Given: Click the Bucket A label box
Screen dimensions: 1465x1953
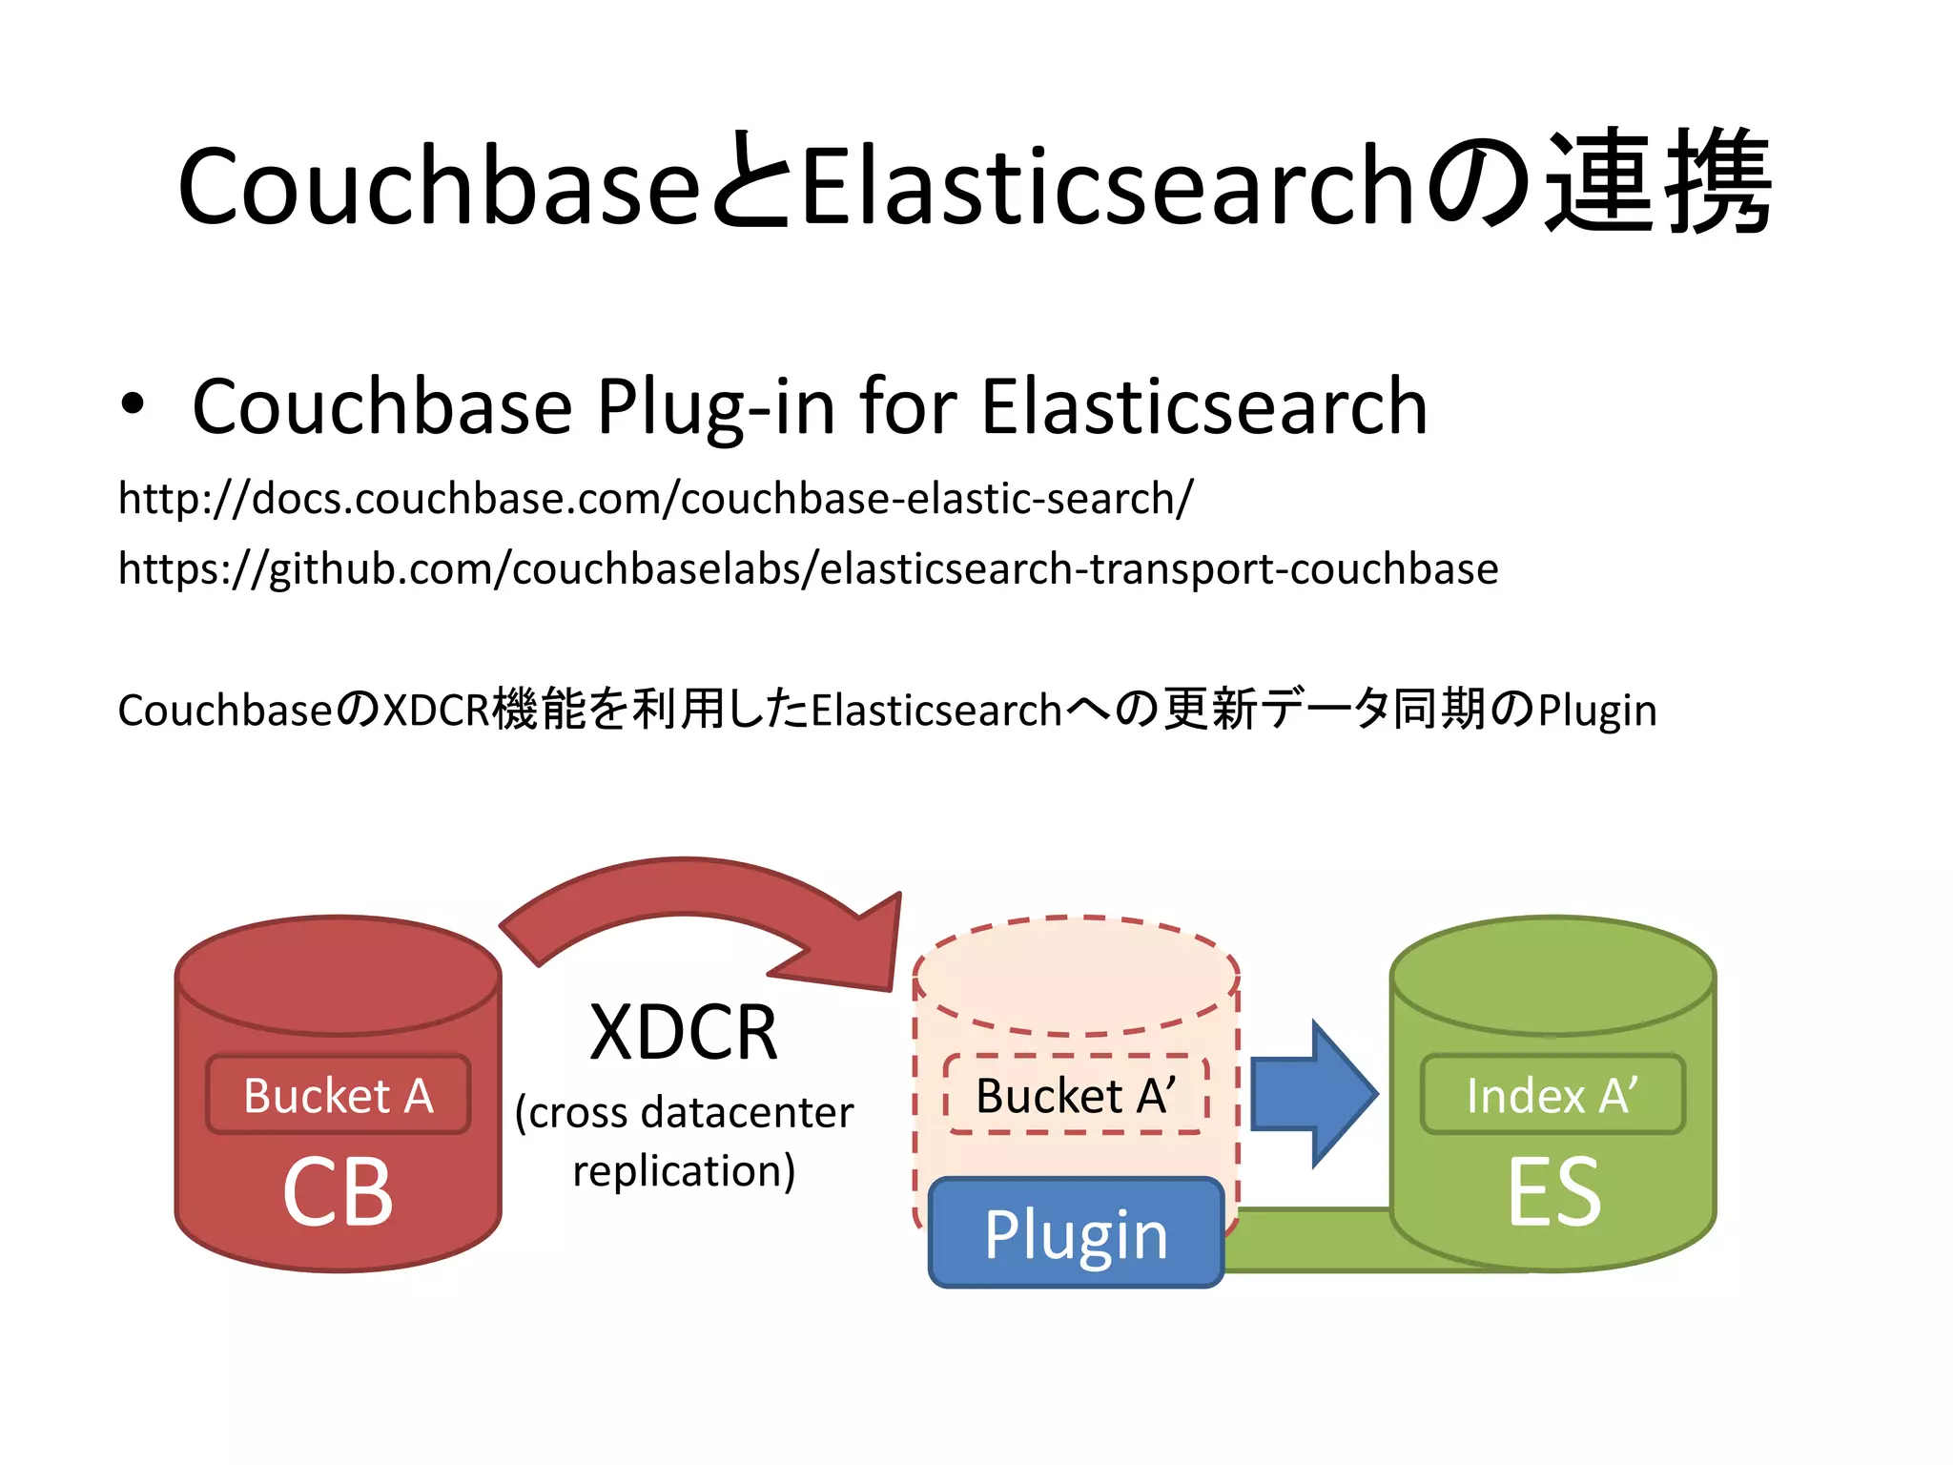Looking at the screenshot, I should click(339, 1094).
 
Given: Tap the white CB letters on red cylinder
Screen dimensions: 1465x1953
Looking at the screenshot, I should click(338, 1192).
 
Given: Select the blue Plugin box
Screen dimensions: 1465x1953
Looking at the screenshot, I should click(1076, 1233).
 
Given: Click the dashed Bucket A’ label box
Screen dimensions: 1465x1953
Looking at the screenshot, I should click(1076, 1094).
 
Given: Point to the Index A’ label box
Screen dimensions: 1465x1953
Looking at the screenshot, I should click(1552, 1094).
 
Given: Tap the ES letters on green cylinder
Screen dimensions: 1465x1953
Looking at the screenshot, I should click(1553, 1192).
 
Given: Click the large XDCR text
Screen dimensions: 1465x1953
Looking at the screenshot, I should click(684, 1032).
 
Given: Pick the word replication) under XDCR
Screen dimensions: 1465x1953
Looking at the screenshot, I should click(684, 1170).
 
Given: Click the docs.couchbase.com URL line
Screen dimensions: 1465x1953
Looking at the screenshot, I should click(655, 498).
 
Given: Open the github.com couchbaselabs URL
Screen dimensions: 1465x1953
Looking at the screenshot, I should click(808, 568).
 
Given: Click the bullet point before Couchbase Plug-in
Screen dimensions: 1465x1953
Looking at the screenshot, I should click(134, 404).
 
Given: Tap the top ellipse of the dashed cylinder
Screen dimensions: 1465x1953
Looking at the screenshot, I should click(1076, 975).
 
